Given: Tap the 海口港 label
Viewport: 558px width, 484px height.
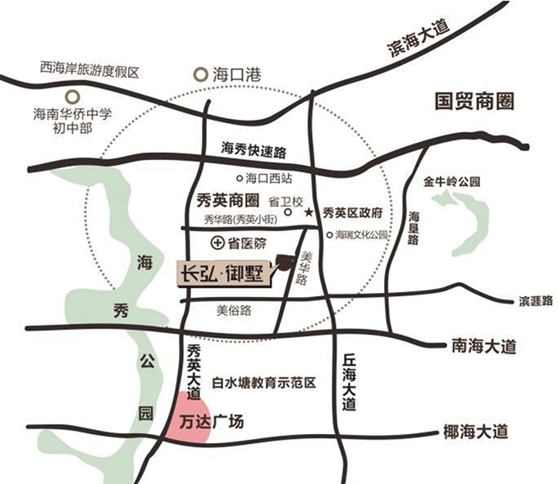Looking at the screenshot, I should point(236,74).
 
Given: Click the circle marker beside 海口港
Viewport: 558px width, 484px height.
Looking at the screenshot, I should point(201,74).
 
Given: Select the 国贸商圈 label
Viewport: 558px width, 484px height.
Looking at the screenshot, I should point(475,102).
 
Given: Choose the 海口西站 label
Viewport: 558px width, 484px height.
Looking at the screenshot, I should point(268,177).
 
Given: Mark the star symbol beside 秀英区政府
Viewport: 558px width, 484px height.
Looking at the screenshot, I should point(309,212).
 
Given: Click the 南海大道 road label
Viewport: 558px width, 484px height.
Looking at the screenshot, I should point(484,346).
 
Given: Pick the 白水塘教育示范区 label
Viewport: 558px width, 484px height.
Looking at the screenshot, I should point(263,383).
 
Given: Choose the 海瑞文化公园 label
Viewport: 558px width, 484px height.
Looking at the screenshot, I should point(360,235).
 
